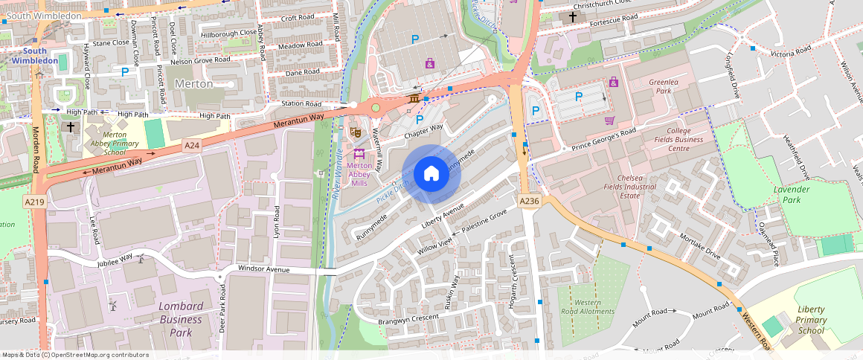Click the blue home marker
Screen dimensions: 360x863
[431, 174]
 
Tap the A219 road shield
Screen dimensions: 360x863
[34, 202]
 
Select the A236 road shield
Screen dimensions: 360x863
[529, 202]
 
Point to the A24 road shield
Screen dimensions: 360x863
[192, 146]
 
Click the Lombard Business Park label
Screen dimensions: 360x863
[180, 319]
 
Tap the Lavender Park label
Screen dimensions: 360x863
[791, 194]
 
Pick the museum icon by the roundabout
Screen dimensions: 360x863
[414, 100]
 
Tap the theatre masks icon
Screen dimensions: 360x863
[356, 132]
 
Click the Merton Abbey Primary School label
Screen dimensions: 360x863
[104, 144]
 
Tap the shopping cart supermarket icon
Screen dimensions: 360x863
[609, 120]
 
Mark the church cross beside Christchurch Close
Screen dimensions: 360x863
[572, 16]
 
